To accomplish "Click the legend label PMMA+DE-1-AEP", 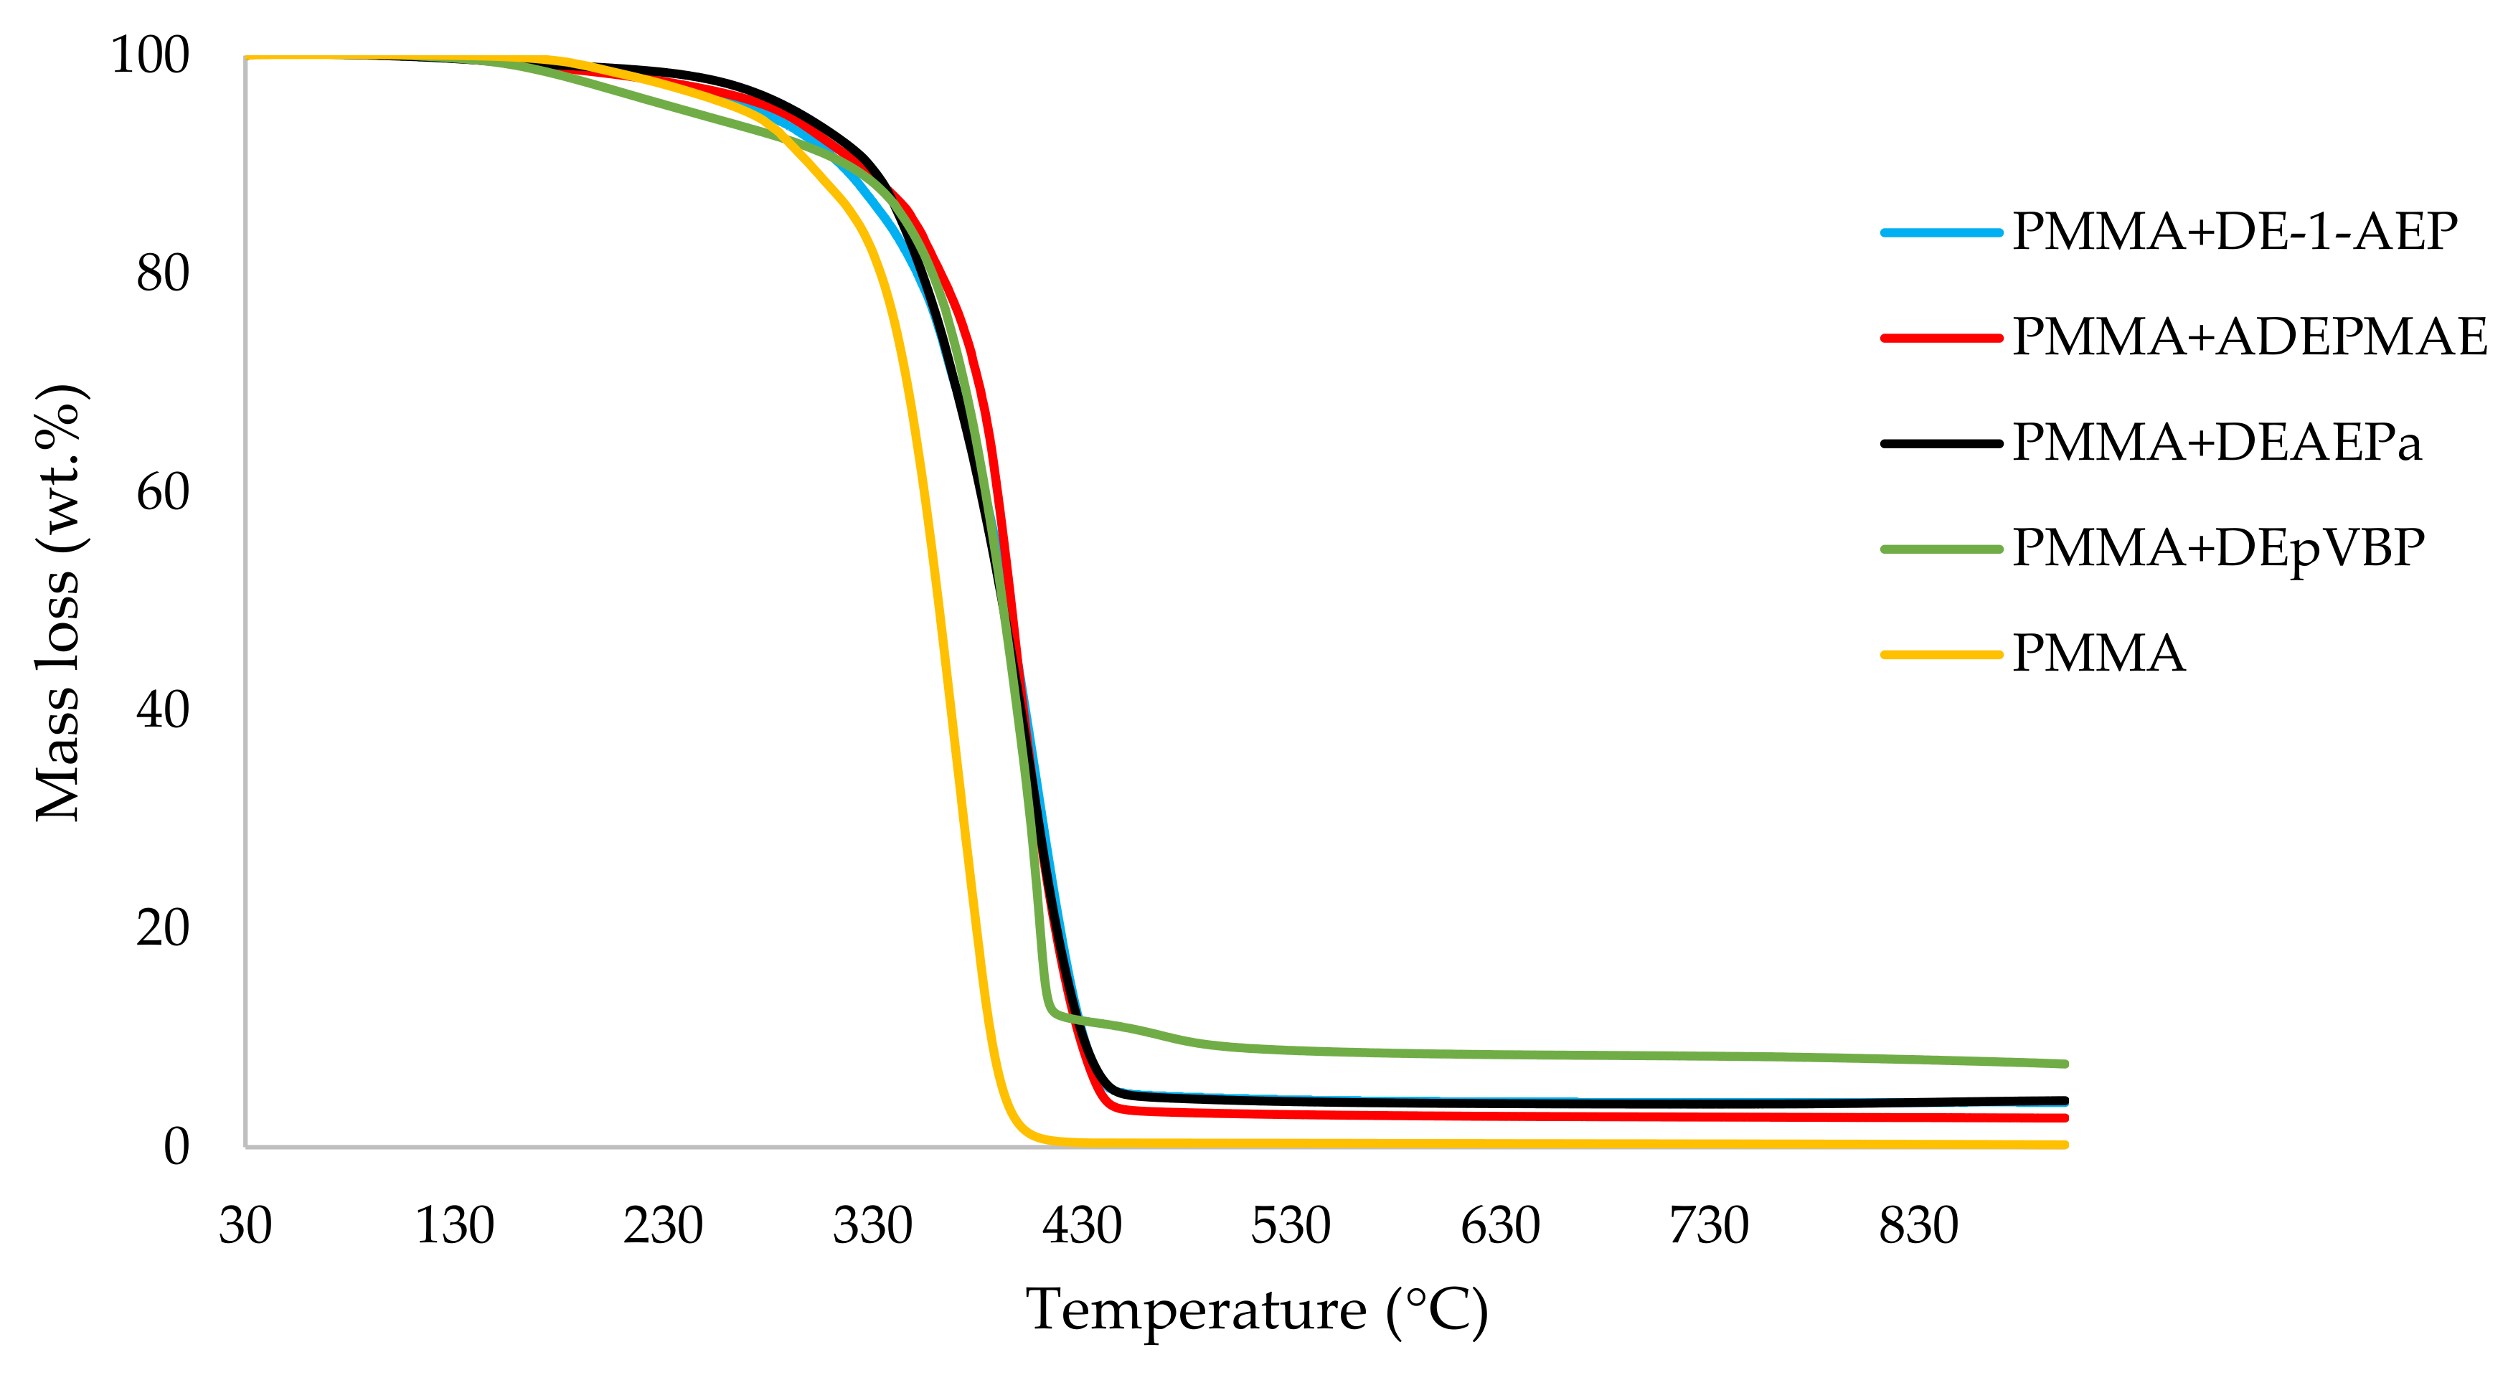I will [x=2235, y=232].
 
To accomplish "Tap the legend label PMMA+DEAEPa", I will [x=2216, y=443].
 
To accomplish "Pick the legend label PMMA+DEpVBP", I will [x=2218, y=549].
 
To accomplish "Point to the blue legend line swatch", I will [x=1941, y=232].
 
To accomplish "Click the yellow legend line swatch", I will [x=1941, y=655].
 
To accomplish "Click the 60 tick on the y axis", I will [x=163, y=493].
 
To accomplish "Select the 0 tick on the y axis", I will [x=176, y=1146].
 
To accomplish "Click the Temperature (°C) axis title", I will [x=1257, y=1311].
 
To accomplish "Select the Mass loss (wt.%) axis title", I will [x=58, y=603].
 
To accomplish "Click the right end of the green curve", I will [x=2064, y=1064].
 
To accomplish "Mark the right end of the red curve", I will [x=2064, y=1118].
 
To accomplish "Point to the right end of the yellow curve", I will [x=2064, y=1145].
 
